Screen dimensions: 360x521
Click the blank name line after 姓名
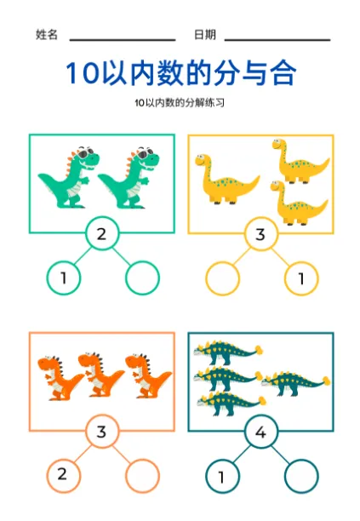pyautogui.click(x=123, y=40)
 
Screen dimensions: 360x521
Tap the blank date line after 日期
pyautogui.click(x=277, y=40)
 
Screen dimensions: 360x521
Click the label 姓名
pyautogui.click(x=47, y=35)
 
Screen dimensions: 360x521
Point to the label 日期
pyautogui.click(x=205, y=35)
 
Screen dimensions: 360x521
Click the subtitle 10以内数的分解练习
pyautogui.click(x=180, y=103)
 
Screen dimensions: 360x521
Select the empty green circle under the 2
pyautogui.click(x=142, y=265)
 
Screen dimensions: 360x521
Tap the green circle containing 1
pyautogui.click(x=64, y=265)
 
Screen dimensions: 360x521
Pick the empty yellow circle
pyautogui.click(x=222, y=265)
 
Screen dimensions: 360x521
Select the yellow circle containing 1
pyautogui.click(x=301, y=265)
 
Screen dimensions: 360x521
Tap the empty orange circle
pyautogui.click(x=142, y=462)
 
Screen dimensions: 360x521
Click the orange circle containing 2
pyautogui.click(x=64, y=462)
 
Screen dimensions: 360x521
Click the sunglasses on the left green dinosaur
pyautogui.click(x=86, y=152)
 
